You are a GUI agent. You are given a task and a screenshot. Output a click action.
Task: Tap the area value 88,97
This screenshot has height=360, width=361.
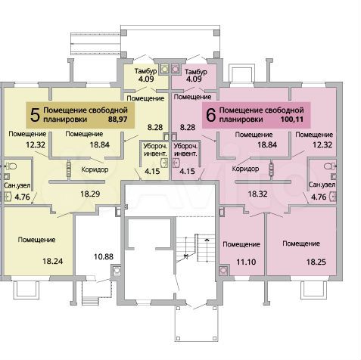[x=118, y=119]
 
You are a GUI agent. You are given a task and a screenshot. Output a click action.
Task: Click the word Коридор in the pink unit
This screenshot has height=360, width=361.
[x=247, y=169]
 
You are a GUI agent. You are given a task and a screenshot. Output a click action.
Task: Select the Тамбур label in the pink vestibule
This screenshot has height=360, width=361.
[x=195, y=70]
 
